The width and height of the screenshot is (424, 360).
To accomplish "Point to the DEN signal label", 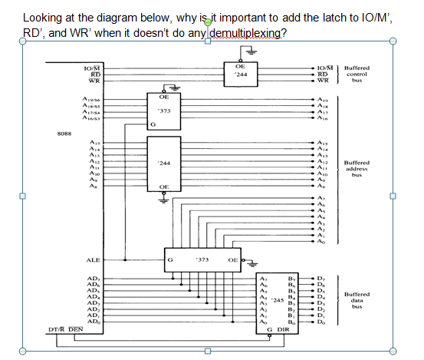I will [x=74, y=329].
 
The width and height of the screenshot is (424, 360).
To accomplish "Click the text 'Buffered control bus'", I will [x=357, y=73].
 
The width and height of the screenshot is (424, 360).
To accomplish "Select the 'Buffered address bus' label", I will [x=357, y=168].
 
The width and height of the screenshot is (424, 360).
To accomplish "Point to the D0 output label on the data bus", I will [x=321, y=321].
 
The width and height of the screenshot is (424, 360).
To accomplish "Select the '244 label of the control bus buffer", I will [x=241, y=75].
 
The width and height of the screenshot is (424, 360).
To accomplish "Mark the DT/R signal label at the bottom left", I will [x=54, y=329].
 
